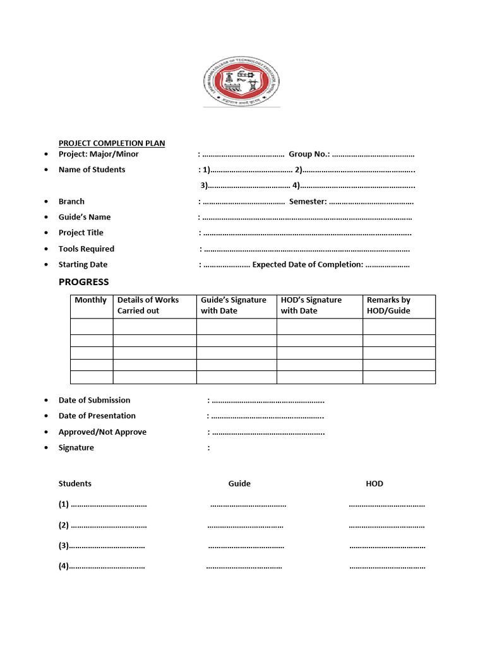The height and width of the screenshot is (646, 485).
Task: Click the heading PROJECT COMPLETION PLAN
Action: point(112,143)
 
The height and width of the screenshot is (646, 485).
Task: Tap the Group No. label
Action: point(309,154)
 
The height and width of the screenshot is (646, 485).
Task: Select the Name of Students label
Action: point(92,170)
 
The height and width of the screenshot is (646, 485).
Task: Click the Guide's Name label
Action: point(85,217)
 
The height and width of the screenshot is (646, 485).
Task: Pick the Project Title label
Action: point(81,233)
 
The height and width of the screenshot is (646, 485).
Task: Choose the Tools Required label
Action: point(87,249)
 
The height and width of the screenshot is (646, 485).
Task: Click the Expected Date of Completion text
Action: point(308,265)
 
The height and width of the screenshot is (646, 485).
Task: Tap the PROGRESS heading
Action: point(83,282)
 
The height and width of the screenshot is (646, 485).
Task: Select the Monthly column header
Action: point(91,300)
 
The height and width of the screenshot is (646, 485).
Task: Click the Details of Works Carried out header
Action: point(148,305)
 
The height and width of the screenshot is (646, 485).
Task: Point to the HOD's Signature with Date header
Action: point(311,305)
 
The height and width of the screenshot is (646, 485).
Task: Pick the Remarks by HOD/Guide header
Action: point(388,305)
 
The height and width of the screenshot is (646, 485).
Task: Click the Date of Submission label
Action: point(94,400)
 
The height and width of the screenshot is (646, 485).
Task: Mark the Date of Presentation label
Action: point(97,416)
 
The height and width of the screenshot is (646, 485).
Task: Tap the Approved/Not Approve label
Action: point(102,432)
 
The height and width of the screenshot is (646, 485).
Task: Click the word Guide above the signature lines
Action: point(239,484)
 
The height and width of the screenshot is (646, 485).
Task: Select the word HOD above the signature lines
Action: point(374,484)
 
